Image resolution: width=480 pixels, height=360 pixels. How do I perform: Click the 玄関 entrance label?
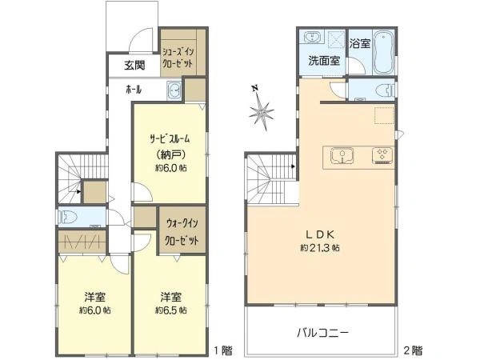(134, 66)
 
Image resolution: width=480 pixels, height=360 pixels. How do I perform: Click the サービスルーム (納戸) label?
(170, 145)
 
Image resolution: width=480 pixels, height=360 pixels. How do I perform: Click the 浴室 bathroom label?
(359, 42)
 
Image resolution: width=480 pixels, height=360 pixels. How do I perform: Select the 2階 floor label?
(413, 350)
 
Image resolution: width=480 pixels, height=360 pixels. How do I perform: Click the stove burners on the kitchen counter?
(381, 154)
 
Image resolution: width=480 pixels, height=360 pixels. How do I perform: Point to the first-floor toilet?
(70, 216)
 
